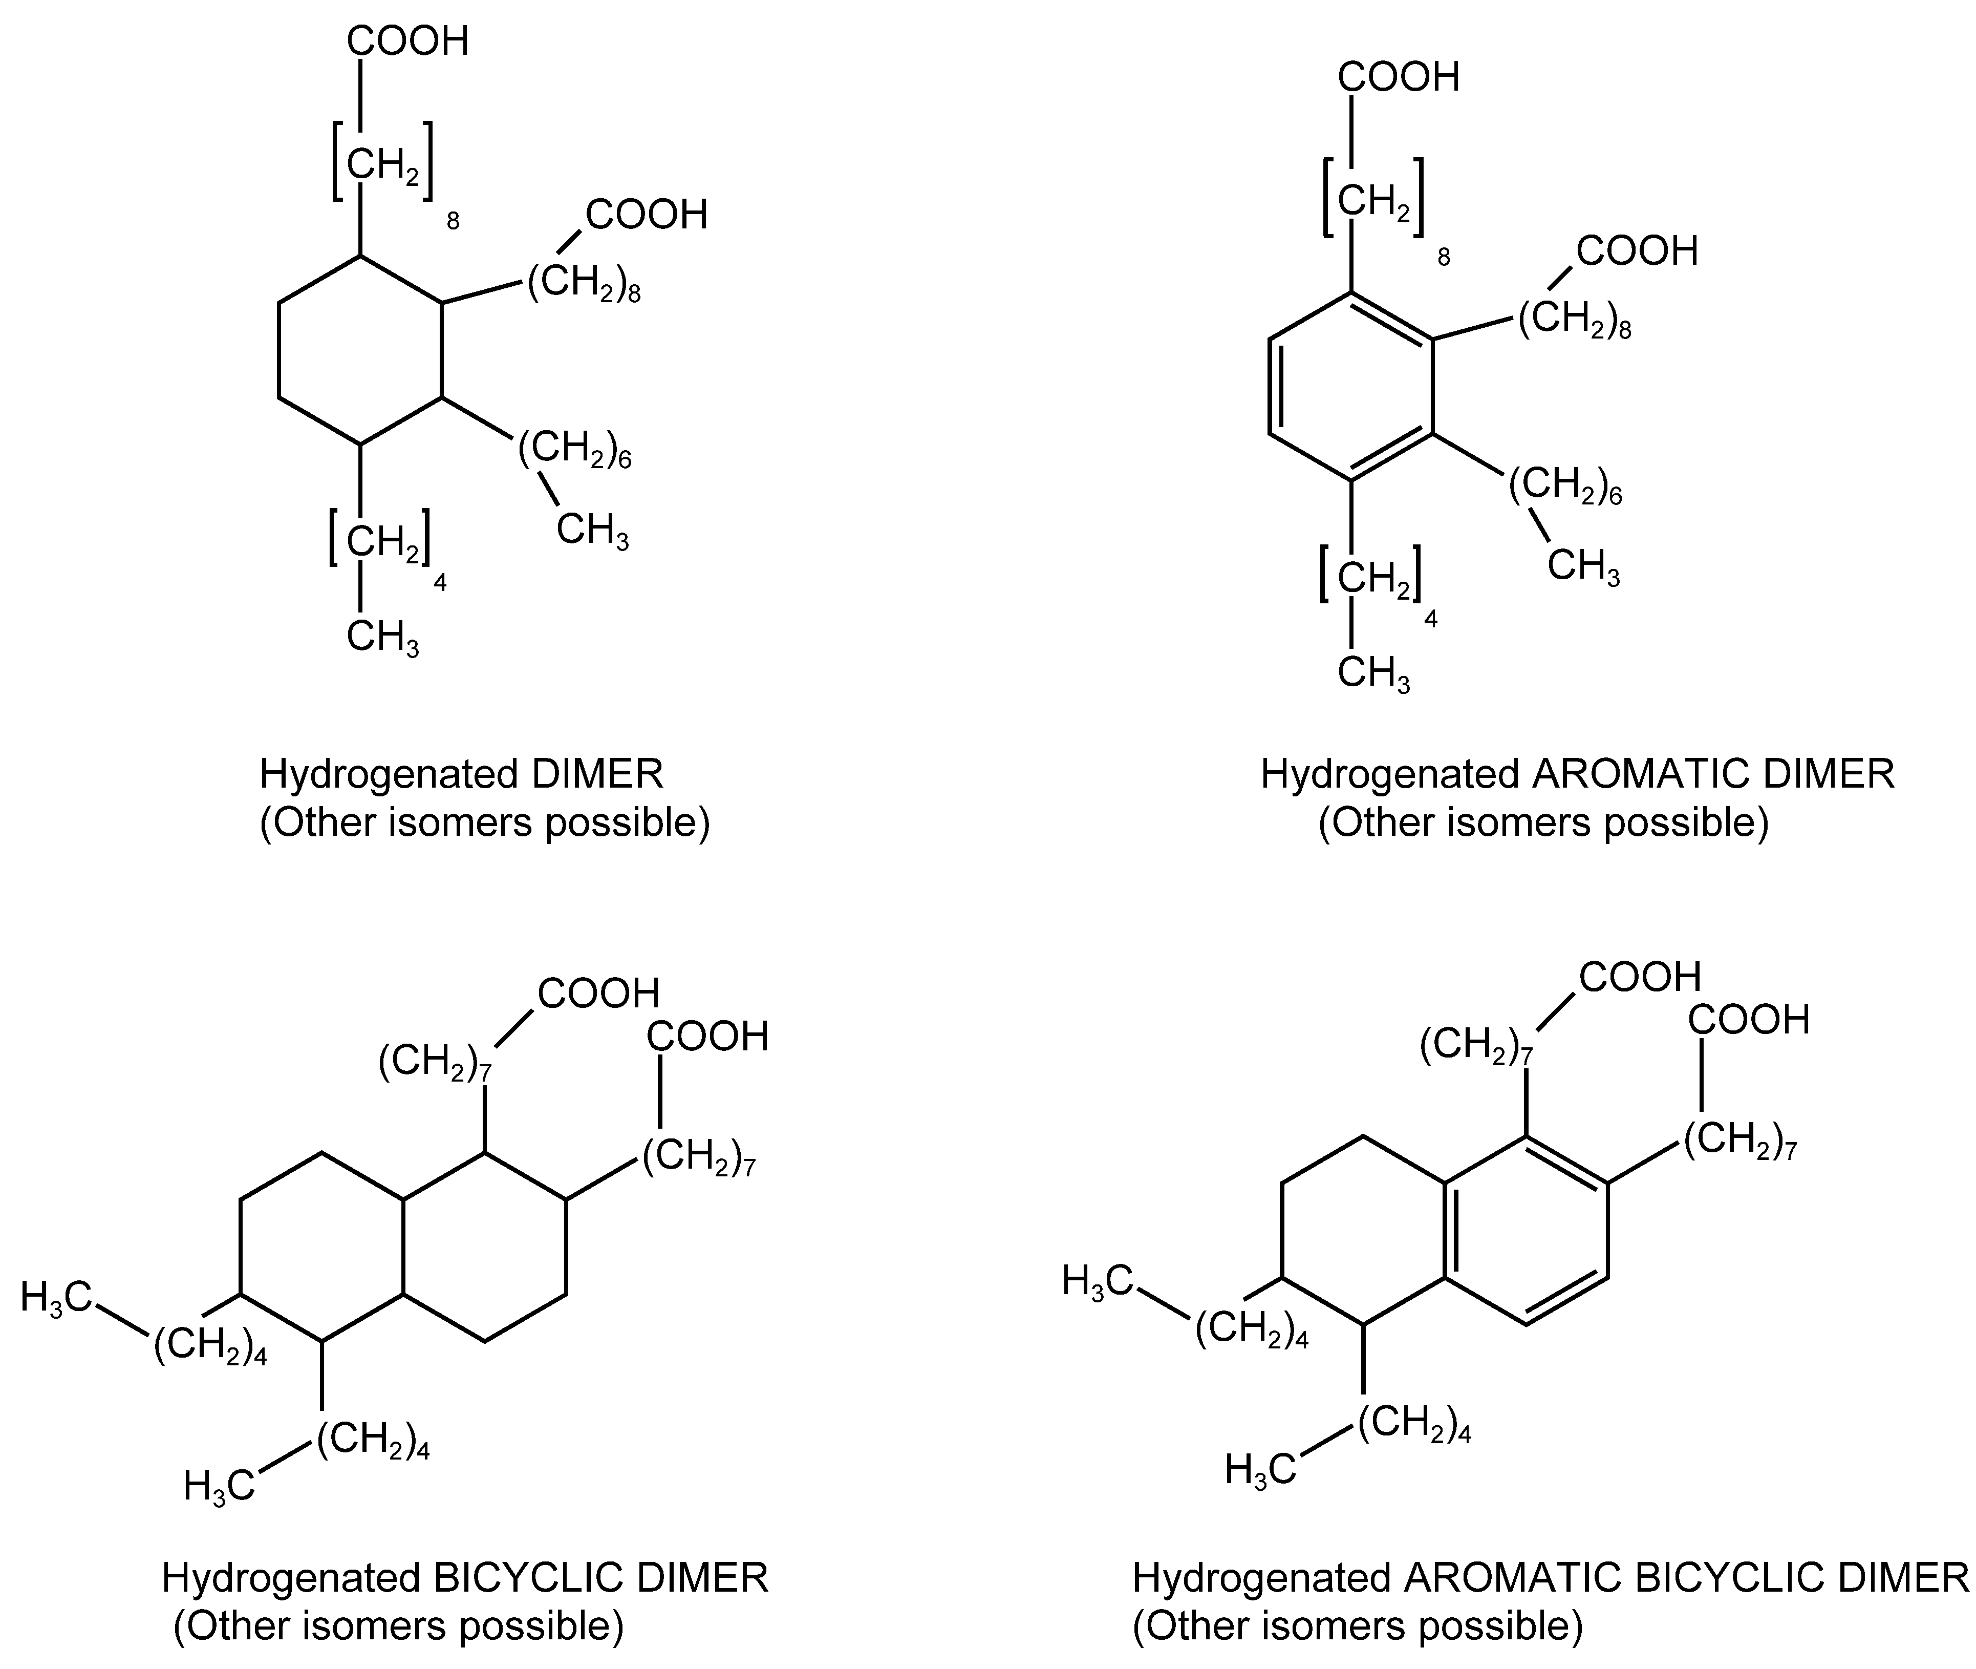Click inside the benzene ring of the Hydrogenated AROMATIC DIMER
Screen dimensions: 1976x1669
[1351, 387]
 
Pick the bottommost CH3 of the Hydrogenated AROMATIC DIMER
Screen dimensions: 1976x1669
[1373, 674]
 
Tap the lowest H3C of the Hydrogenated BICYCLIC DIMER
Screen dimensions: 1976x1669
[219, 1485]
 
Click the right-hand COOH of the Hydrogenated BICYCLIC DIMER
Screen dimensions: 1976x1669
[707, 1037]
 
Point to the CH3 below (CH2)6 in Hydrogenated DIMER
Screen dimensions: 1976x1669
[592, 531]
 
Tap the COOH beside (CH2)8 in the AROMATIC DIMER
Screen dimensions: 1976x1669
[1637, 251]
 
